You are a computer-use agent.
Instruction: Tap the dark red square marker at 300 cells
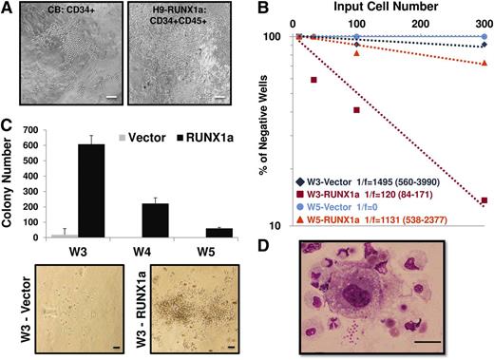[x=484, y=200]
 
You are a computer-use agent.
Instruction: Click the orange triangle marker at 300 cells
[x=484, y=63]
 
